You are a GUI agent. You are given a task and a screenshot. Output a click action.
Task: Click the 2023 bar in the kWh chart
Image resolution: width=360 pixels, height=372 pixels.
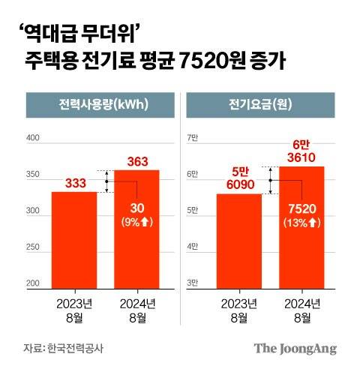pyautogui.click(x=73, y=240)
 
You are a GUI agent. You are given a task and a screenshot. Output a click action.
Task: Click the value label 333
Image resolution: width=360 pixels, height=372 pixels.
pyautogui.click(x=73, y=183)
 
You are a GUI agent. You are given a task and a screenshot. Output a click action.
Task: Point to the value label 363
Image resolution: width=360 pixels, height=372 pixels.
pyautogui.click(x=136, y=160)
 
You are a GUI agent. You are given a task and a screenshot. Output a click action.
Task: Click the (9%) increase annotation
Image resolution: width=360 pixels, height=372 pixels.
pyautogui.click(x=136, y=222)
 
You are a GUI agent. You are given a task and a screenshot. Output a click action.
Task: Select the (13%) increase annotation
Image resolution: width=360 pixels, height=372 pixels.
pyautogui.click(x=301, y=223)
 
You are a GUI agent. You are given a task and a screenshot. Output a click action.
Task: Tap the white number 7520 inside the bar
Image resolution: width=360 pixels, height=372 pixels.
pyautogui.click(x=301, y=208)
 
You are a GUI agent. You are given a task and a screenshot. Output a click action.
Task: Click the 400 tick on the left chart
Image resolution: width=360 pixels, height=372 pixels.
pyautogui.click(x=33, y=139)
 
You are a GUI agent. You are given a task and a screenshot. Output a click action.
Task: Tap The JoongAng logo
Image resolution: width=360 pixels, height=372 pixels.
pyautogui.click(x=295, y=348)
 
